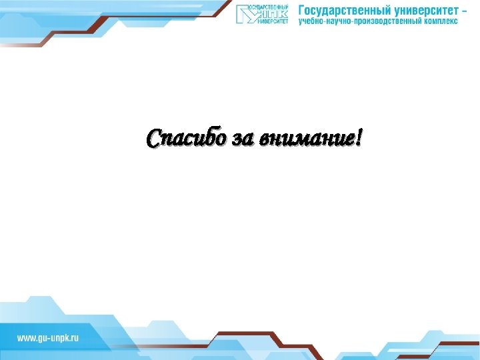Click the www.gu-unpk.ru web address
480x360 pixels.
(x=48, y=338)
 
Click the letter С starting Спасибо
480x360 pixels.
(x=154, y=138)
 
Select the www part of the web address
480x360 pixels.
(x=25, y=338)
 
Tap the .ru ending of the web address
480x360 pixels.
(x=73, y=338)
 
